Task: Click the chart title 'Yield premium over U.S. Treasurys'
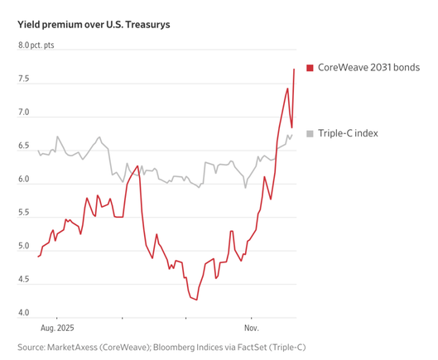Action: (94, 25)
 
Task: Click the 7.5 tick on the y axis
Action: (24, 79)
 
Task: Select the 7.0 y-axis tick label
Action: (24, 113)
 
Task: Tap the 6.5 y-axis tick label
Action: (24, 146)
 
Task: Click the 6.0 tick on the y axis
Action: (24, 180)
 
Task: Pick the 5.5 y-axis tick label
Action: (24, 214)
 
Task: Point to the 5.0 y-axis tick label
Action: (24, 247)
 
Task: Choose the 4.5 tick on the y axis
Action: (24, 280)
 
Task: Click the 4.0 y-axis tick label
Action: (24, 314)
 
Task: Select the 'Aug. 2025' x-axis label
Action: (57, 327)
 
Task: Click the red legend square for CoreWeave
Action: (310, 67)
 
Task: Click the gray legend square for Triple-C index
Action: (310, 133)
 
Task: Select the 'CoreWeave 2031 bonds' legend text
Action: (368, 67)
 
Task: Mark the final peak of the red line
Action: (294, 69)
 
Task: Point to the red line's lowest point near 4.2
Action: (196, 300)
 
